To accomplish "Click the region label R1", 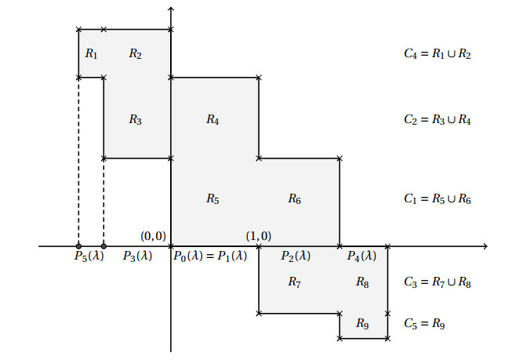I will point(91,54).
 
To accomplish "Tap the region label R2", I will point(136,54).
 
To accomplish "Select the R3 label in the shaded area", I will point(136,120).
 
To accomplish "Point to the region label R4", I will point(212,120).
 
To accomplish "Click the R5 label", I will point(212,199).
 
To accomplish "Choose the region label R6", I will point(294,199).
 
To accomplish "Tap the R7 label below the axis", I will point(294,282).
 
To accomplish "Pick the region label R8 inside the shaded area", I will point(362,282).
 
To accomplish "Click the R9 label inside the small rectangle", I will point(362,323).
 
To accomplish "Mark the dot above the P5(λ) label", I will point(78,246).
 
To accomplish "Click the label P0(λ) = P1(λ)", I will point(209,256).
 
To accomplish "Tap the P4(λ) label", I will point(361,256).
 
